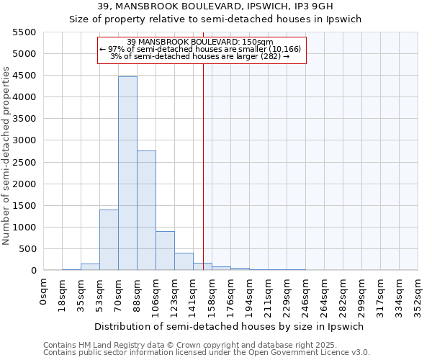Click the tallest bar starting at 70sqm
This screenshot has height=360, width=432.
pyautogui.click(x=127, y=173)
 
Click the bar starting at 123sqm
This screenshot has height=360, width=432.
pyautogui.click(x=184, y=261)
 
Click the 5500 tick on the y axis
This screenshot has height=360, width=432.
pyautogui.click(x=24, y=32)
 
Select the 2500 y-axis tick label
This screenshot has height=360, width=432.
pyautogui.click(x=24, y=162)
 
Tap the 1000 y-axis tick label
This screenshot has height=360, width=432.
pyautogui.click(x=24, y=228)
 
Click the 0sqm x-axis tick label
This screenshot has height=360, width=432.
pyautogui.click(x=44, y=291)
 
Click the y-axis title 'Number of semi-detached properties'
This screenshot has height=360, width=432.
pyautogui.click(x=6, y=156)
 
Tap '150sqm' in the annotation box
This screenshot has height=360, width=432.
pyautogui.click(x=258, y=42)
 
